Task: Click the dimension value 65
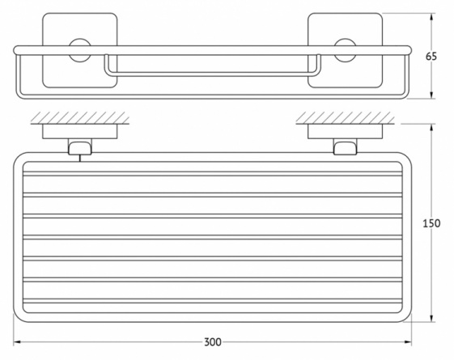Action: (431, 57)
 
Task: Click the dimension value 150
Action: (431, 223)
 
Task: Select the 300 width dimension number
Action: (213, 342)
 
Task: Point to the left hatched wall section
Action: (80, 118)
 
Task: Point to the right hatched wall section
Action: (345, 118)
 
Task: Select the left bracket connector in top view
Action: (80, 146)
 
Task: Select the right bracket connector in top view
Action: (345, 146)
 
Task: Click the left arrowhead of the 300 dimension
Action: (16, 342)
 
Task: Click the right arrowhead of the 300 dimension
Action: (408, 342)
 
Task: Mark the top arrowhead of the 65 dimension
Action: (431, 16)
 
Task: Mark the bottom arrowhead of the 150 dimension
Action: (431, 318)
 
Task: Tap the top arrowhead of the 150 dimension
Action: (431, 128)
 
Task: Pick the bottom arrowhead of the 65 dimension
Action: (431, 95)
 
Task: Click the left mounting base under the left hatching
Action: (80, 131)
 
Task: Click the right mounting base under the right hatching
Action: (345, 131)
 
